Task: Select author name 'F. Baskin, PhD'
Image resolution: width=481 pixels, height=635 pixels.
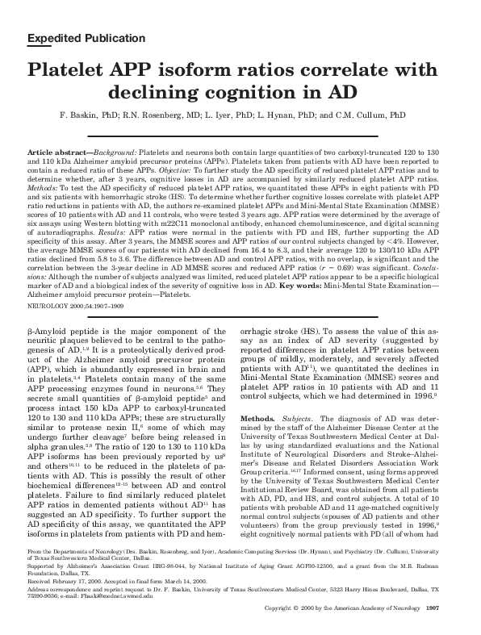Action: point(87,115)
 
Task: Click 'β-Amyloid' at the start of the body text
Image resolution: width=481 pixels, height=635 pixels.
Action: point(44,309)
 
